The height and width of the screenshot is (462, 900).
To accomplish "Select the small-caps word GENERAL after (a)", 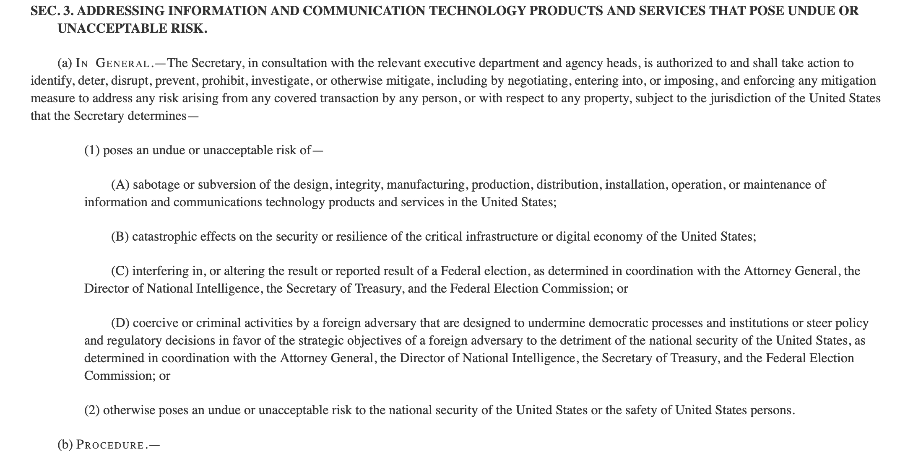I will pyautogui.click(x=122, y=64).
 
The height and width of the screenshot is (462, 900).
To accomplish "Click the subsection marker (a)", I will pyautogui.click(x=65, y=63).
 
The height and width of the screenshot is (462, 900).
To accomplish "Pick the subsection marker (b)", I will pyautogui.click(x=65, y=445).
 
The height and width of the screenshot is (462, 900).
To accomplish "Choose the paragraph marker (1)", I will pyautogui.click(x=92, y=150).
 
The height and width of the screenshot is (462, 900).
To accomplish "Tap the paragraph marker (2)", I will pyautogui.click(x=92, y=410).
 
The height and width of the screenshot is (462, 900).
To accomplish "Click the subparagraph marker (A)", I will pyautogui.click(x=120, y=184).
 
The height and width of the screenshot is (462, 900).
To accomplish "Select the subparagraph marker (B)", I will pyautogui.click(x=120, y=237).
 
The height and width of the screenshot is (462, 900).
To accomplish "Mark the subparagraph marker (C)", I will pyautogui.click(x=120, y=271).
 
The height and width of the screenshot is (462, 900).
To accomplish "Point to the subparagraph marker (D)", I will pyautogui.click(x=120, y=323).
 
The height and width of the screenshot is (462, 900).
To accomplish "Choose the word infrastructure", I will pyautogui.click(x=502, y=237).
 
